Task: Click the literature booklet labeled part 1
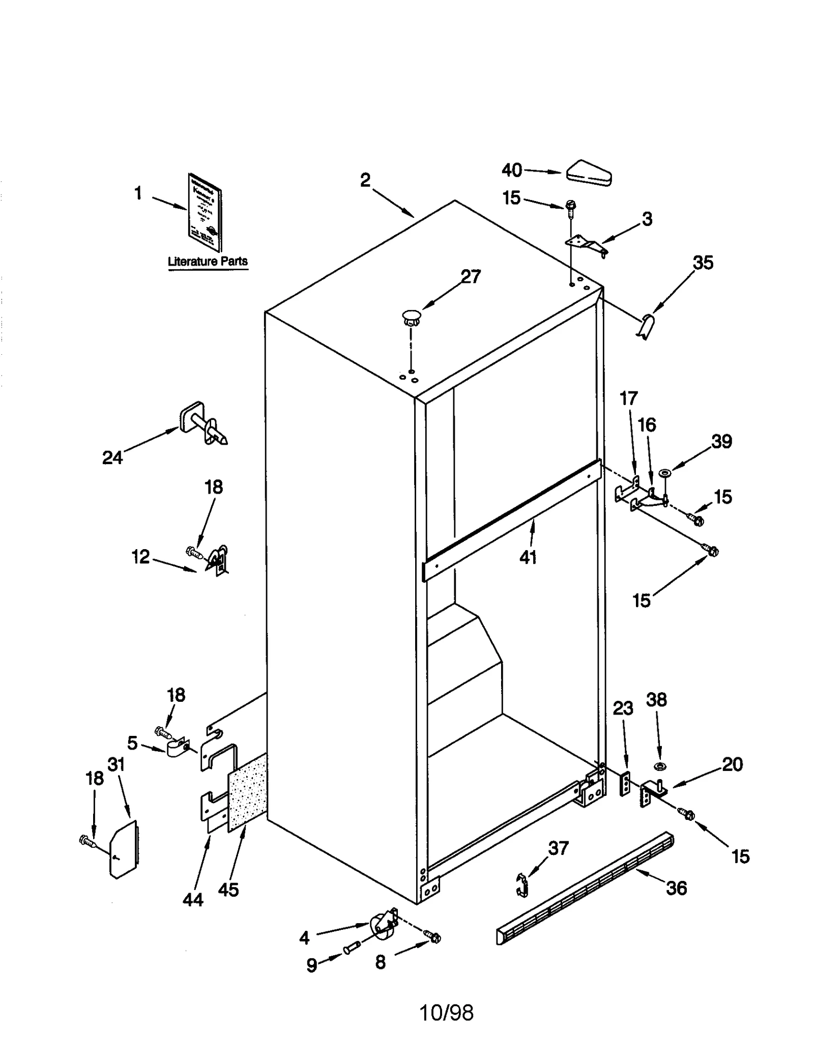tap(205, 212)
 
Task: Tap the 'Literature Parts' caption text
tap(208, 261)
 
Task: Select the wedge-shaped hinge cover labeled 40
tap(589, 173)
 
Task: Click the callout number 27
tap(470, 276)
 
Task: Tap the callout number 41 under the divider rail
tap(528, 557)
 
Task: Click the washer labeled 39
tap(663, 474)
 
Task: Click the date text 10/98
tap(446, 1013)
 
